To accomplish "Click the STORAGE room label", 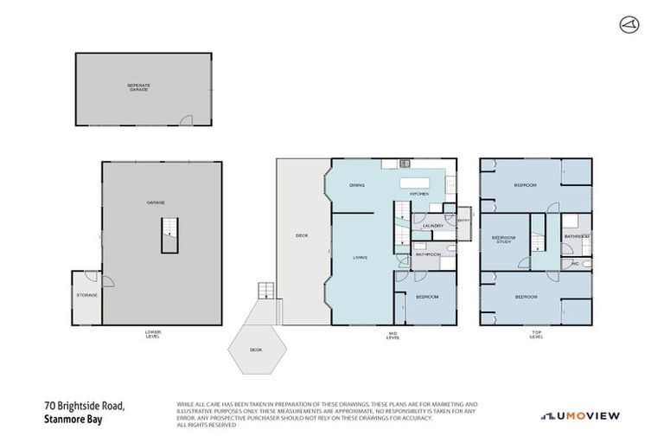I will click(x=86, y=295).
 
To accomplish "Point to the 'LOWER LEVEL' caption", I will click(x=152, y=334).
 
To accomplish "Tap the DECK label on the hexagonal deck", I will click(x=256, y=350).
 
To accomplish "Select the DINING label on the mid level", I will click(x=356, y=185).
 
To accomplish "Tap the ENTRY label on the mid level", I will click(x=463, y=221).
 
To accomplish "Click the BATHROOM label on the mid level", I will click(x=428, y=254).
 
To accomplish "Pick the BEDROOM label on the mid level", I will click(x=426, y=297).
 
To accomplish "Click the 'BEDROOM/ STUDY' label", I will click(x=503, y=240).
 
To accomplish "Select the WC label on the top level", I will click(x=573, y=263).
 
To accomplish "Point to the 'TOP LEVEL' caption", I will click(x=536, y=334).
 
